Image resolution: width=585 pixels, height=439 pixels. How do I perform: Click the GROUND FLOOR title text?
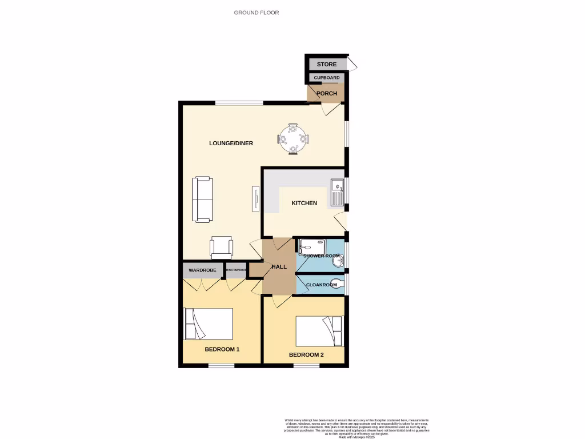point(257,13)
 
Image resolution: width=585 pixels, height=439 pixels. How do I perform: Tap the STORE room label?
point(327,65)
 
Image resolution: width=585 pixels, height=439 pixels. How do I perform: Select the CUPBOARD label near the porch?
point(327,78)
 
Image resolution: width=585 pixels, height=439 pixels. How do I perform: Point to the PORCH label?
point(327,93)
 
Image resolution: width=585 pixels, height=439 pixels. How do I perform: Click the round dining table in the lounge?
point(292,139)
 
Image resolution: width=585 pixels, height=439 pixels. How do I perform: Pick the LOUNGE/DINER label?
point(231,143)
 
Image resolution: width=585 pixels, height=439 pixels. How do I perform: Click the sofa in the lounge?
point(202,199)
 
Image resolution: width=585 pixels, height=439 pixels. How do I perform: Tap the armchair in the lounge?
point(222,247)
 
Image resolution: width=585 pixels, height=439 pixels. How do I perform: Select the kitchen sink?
point(336,193)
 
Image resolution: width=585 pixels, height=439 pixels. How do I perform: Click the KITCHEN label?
point(304,203)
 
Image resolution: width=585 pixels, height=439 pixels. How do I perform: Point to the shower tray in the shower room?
point(311,246)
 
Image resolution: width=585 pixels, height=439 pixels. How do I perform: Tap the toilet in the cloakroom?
point(339,284)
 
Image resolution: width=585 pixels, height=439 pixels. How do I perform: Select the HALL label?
point(279,267)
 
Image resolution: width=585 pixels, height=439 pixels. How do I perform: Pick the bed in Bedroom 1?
point(209,324)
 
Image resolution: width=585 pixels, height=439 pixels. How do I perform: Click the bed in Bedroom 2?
point(319,331)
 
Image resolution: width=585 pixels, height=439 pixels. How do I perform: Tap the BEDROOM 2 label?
point(306,355)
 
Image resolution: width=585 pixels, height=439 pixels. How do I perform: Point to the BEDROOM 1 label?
point(222,349)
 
